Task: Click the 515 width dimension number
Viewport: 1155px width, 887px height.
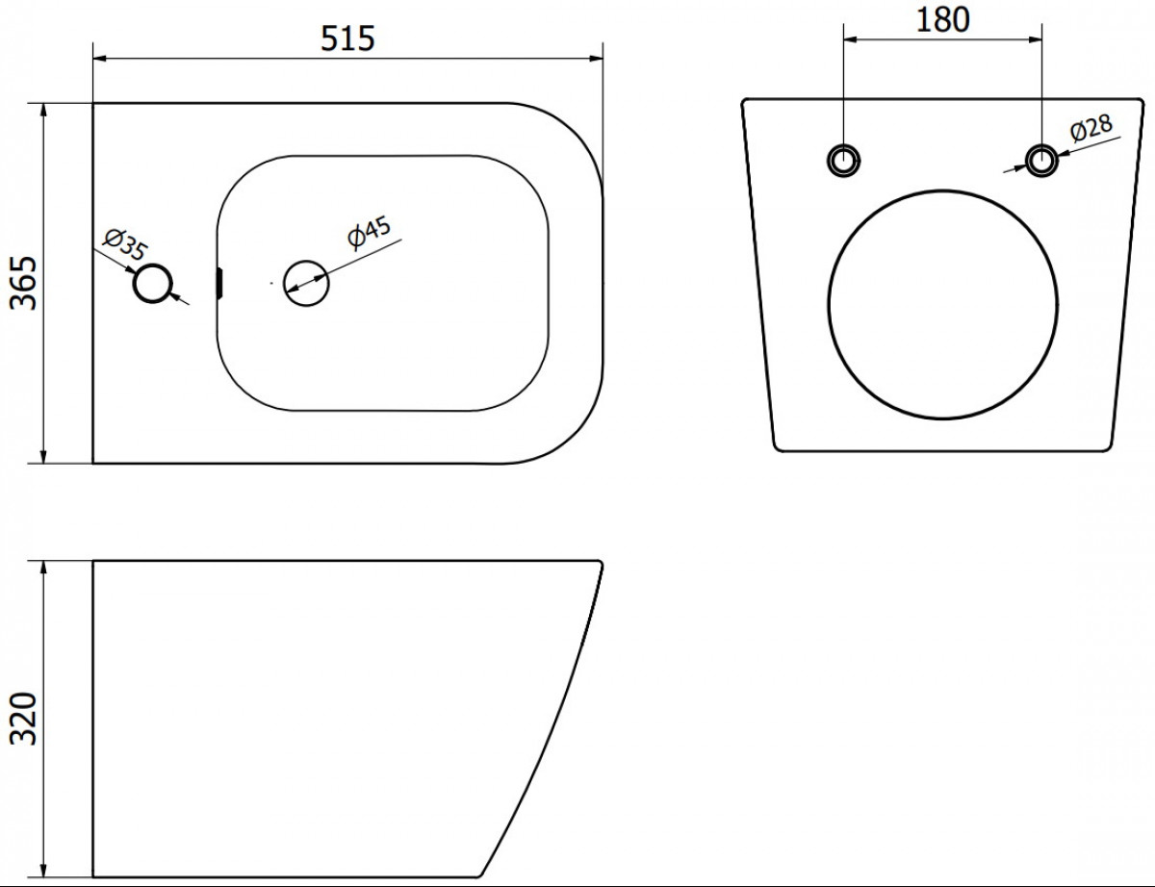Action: point(347,38)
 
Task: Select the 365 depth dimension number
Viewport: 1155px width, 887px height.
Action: point(24,283)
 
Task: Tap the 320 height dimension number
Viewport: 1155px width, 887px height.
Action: point(24,719)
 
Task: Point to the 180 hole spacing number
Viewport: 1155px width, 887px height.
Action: point(942,20)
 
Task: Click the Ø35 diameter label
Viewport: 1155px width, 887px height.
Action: point(125,243)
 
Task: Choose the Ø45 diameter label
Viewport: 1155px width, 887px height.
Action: point(370,233)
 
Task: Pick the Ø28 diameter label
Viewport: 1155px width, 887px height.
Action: point(1091,128)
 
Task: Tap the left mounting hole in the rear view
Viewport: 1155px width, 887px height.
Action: point(843,160)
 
